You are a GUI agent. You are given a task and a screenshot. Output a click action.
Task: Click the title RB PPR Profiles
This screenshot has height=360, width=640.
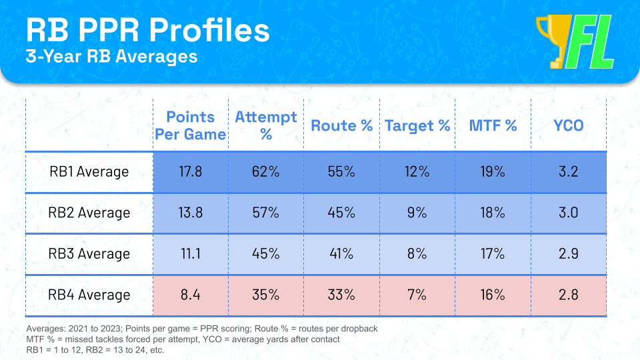148,30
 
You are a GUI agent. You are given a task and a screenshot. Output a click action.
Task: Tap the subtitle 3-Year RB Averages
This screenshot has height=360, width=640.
111,56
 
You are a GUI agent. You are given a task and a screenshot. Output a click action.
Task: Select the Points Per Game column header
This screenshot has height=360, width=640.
190,125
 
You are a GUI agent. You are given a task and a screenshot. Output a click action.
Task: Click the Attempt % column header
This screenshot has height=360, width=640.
266,125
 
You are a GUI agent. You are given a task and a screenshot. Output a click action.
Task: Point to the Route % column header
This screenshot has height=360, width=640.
341,125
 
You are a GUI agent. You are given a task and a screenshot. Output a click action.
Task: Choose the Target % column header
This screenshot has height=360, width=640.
417,125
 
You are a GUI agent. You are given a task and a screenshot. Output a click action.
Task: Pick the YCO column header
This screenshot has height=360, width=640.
568,125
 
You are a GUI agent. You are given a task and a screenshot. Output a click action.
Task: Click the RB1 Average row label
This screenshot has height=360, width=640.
89,172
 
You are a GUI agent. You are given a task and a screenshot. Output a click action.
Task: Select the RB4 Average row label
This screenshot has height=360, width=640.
89,295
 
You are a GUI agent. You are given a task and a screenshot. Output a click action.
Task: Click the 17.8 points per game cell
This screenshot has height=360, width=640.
190,172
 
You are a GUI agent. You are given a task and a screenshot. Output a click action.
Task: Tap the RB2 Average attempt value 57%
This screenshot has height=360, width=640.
266,213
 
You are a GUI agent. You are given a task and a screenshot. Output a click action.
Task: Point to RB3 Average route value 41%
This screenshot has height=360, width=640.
341,254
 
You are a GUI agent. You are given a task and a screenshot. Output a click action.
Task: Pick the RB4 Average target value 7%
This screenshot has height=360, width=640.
417,295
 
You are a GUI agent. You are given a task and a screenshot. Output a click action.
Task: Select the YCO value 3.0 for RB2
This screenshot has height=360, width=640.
568,213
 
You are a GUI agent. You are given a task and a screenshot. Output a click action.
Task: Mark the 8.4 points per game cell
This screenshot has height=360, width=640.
190,295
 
